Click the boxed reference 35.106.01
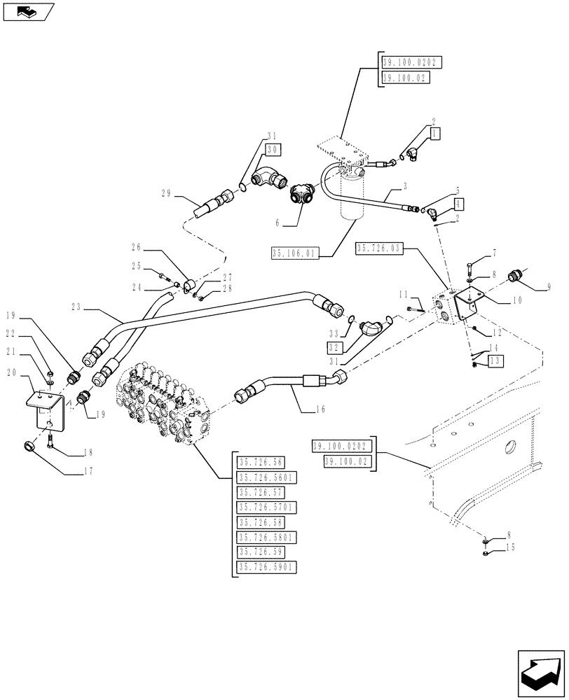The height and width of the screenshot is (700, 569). click(x=292, y=253)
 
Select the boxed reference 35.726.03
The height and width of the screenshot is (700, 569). click(x=378, y=248)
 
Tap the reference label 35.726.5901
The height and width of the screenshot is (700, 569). click(x=267, y=568)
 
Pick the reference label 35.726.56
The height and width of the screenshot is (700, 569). click(x=259, y=462)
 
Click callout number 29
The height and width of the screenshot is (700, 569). click(x=165, y=194)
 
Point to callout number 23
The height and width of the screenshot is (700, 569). click(x=76, y=306)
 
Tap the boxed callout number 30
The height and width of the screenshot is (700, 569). click(x=272, y=149)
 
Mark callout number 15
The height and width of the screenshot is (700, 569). click(x=500, y=547)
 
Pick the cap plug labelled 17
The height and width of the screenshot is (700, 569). click(x=31, y=447)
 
